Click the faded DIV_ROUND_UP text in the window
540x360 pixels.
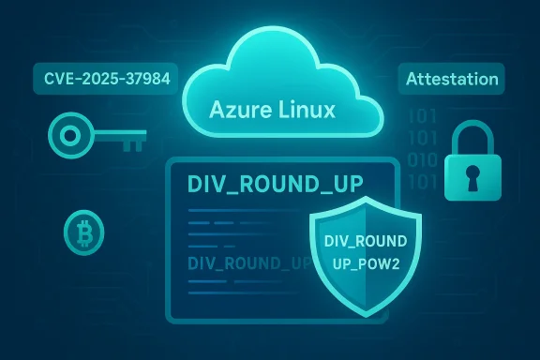(248, 262)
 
